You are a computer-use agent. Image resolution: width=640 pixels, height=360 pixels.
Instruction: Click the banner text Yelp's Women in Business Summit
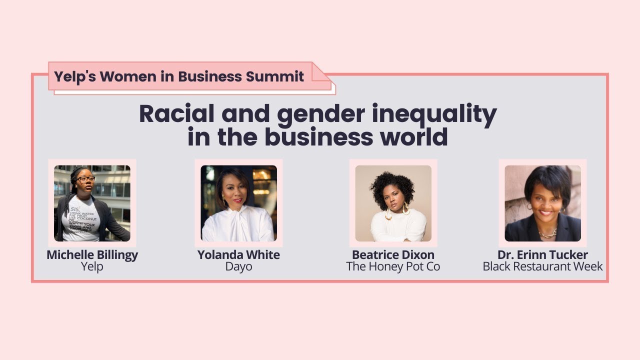click(179, 76)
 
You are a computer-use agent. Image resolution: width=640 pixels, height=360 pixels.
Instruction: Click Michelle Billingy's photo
click(92, 203)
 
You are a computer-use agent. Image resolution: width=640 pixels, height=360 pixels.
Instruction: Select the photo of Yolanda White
click(238, 203)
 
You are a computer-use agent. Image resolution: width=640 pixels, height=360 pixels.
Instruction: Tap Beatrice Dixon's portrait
click(393, 203)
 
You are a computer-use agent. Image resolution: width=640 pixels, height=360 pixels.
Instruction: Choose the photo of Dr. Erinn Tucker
click(542, 203)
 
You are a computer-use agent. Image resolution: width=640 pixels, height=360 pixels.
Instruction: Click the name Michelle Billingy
click(92, 254)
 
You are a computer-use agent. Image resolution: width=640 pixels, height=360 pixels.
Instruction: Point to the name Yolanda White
click(238, 254)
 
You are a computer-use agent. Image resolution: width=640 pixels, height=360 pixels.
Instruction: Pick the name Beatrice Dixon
click(393, 254)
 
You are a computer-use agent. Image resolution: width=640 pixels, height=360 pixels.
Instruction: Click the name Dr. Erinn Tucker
click(542, 255)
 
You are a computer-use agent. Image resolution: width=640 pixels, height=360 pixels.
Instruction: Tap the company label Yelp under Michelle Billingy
click(92, 266)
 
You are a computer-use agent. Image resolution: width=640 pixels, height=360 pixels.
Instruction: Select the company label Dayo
click(238, 266)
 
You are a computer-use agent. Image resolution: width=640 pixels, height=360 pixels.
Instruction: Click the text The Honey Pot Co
click(393, 266)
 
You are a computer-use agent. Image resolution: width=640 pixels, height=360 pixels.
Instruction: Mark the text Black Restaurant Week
click(542, 266)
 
